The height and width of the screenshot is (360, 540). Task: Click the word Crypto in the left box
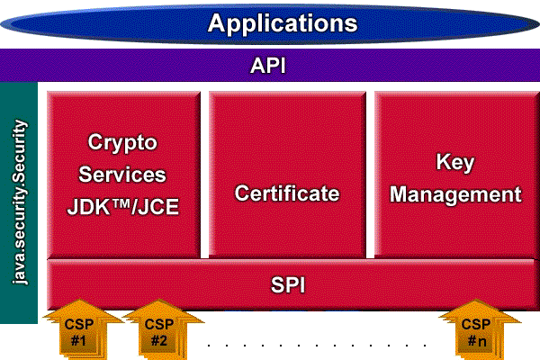[x=122, y=142]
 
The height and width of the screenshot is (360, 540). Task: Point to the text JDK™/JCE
[x=123, y=207]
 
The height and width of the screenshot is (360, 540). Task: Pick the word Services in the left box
[x=122, y=175]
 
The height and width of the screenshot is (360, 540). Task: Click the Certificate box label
[x=287, y=193]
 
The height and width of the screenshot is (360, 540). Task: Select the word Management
[x=456, y=194]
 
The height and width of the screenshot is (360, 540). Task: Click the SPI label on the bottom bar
[x=288, y=285]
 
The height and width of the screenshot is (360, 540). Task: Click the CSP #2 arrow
[x=158, y=331]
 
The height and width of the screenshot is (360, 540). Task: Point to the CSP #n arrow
[x=476, y=331]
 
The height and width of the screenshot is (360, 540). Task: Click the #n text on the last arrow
[x=477, y=341]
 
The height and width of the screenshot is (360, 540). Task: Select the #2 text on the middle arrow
[x=159, y=341]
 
